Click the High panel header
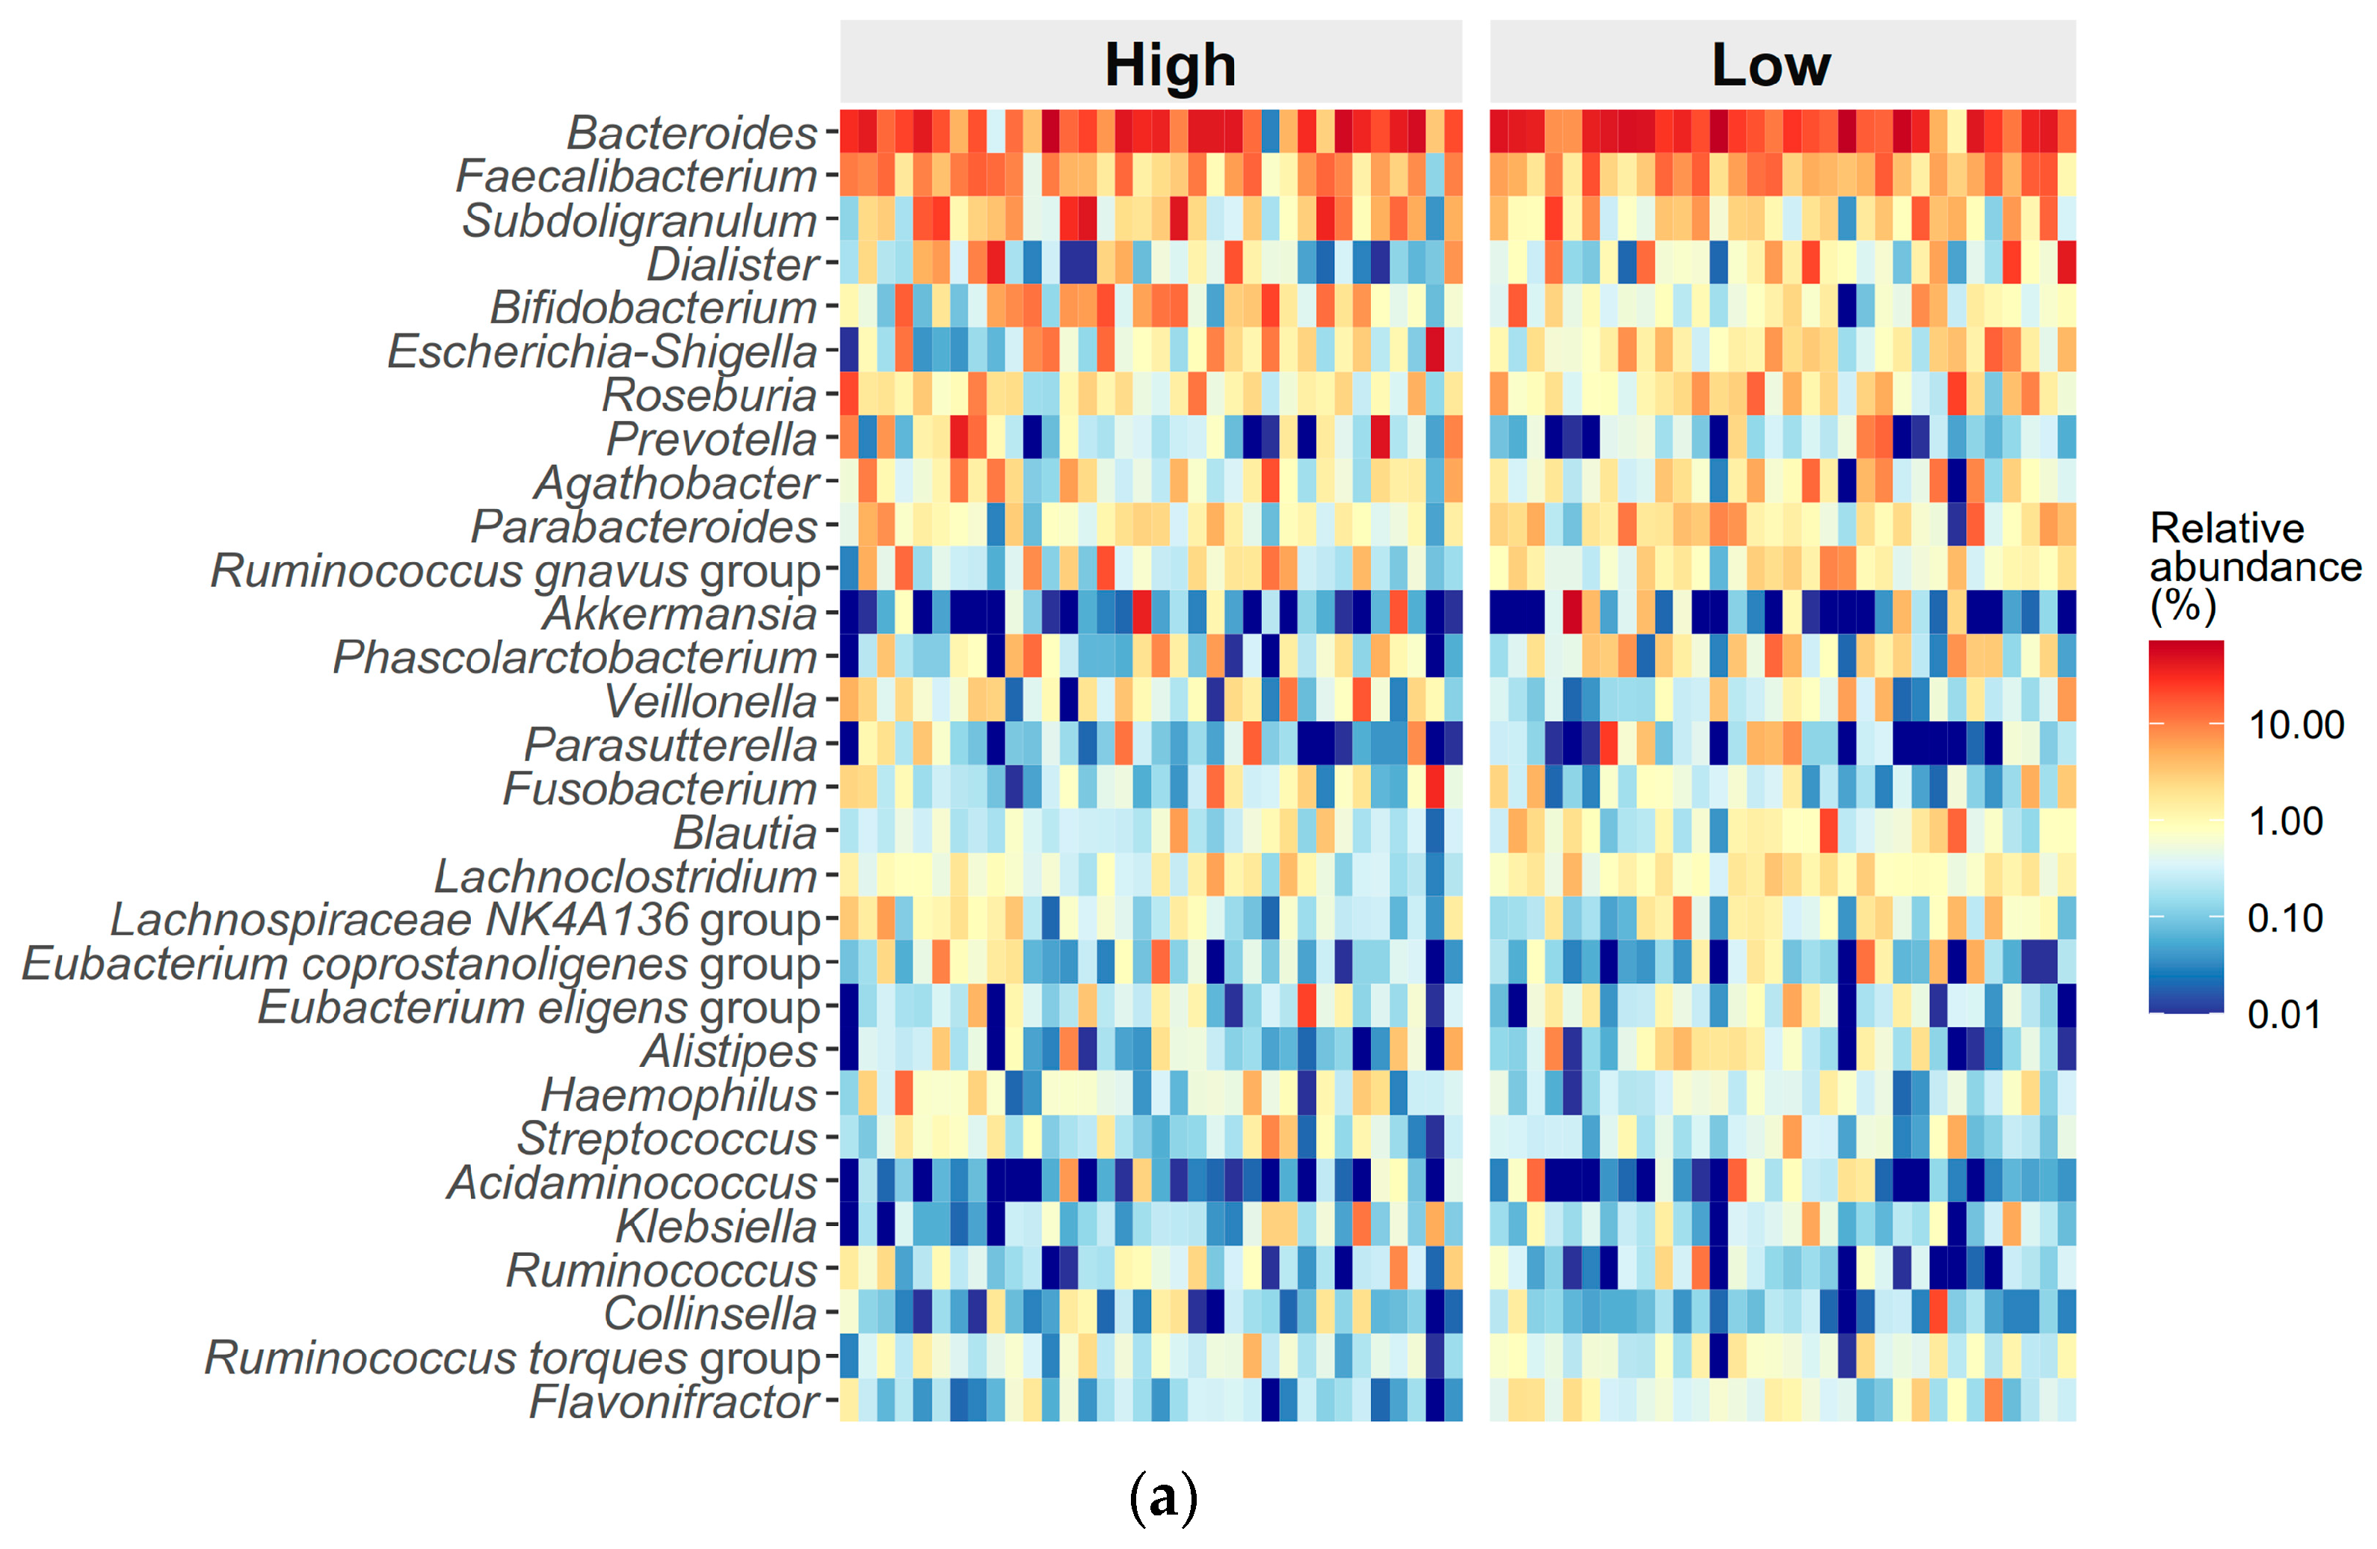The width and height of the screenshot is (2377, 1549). pyautogui.click(x=1170, y=65)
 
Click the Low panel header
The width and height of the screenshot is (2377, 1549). pyautogui.click(x=1770, y=65)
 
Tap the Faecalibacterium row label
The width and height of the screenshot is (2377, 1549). pyautogui.click(x=635, y=176)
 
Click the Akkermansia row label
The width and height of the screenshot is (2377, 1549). pyautogui.click(x=679, y=613)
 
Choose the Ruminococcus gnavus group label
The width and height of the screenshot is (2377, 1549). pyautogui.click(x=514, y=570)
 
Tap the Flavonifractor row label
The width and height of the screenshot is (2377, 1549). pyautogui.click(x=674, y=1401)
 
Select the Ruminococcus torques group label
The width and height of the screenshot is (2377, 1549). pyautogui.click(x=511, y=1358)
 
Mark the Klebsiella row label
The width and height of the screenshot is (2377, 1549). pyautogui.click(x=715, y=1227)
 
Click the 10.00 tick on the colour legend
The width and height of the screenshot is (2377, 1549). pyautogui.click(x=2295, y=725)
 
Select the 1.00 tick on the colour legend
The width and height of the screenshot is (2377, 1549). pyautogui.click(x=2285, y=821)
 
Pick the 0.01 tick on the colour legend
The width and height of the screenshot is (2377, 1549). pyautogui.click(x=2284, y=1014)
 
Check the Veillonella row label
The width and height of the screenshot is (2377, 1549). pyautogui.click(x=710, y=701)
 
